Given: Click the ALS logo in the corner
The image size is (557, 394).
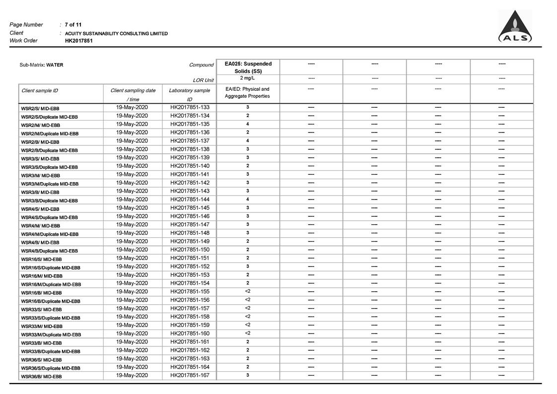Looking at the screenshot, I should click(515, 27).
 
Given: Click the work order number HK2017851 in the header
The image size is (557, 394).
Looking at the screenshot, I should click(78, 41).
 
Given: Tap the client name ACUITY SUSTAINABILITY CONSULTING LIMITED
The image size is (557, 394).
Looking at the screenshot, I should click(116, 33).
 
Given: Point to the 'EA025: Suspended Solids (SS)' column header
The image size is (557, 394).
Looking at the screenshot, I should click(248, 67).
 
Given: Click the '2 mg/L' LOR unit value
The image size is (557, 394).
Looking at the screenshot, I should click(248, 78).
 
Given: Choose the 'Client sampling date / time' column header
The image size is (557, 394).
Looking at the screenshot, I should click(133, 94).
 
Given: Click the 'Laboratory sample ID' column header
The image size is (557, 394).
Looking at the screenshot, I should click(189, 94).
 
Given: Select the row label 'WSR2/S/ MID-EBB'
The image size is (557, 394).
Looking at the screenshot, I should click(40, 108).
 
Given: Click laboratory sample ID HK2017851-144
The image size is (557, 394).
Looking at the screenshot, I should click(190, 199).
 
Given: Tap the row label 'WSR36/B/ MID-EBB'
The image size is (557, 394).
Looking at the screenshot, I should click(41, 377).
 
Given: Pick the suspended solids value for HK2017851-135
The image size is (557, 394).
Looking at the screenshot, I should click(248, 124).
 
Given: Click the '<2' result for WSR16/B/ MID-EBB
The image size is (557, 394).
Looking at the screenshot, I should click(248, 291).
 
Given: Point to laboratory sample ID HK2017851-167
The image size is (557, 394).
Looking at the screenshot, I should click(190, 375).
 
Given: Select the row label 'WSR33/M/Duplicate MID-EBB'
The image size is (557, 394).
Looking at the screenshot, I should click(51, 334).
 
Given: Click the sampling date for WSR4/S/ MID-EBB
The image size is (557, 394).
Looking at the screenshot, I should click(132, 208).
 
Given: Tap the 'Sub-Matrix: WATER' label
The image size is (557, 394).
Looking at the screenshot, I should click(41, 65).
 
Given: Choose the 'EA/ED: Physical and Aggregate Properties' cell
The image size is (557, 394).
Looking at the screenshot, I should click(247, 92).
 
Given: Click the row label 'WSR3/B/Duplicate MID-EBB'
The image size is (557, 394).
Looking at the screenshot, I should click(49, 200).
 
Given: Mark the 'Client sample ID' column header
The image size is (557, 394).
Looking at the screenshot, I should click(40, 91).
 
